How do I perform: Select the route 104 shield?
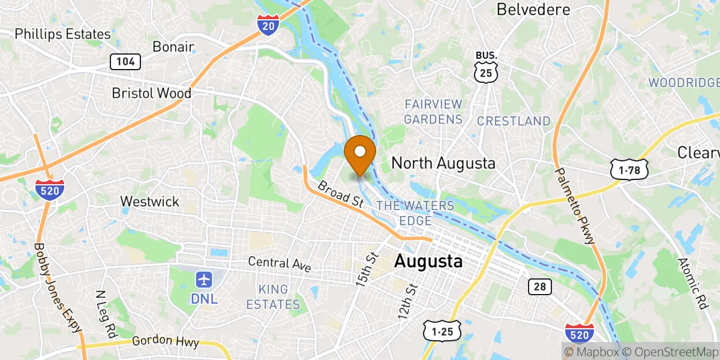pyautogui.click(x=125, y=61)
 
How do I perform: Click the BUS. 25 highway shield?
pyautogui.click(x=485, y=68)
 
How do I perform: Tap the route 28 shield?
pyautogui.click(x=540, y=286)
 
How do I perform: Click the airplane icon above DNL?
pyautogui.click(x=205, y=280)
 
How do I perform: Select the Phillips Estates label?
pyautogui.click(x=63, y=34)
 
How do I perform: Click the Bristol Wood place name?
pyautogui.click(x=152, y=93)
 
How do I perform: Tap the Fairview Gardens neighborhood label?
pyautogui.click(x=433, y=112)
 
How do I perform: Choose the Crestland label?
pyautogui.click(x=514, y=121)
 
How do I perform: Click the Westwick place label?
pyautogui.click(x=149, y=201)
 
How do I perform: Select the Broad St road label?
pyautogui.click(x=341, y=196)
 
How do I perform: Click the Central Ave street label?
pyautogui.click(x=280, y=264)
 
